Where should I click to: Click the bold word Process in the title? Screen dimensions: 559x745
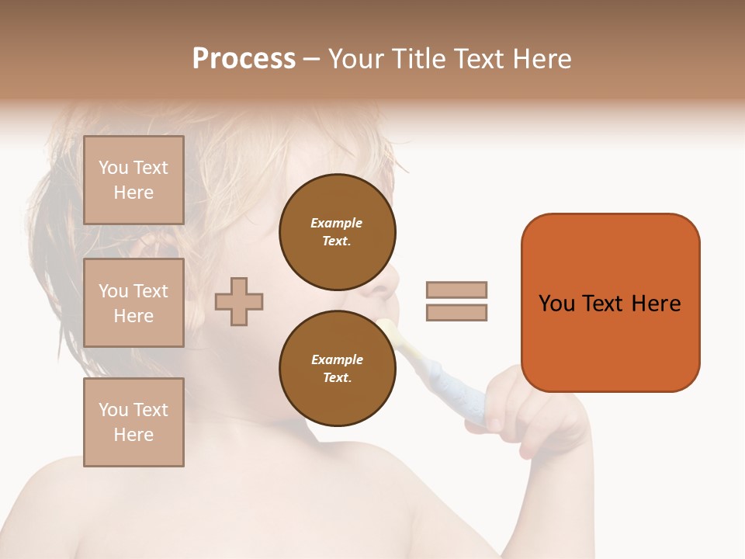coord(244,59)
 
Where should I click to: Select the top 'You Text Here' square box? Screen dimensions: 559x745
coord(133,180)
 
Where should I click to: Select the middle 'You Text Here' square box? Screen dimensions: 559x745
coord(133,303)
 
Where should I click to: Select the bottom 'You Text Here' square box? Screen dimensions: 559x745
coord(133,422)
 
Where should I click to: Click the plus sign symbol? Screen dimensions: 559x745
coord(239,301)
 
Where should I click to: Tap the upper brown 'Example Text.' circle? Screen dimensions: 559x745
coord(337,231)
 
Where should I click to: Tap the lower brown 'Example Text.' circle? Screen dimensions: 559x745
coord(337,368)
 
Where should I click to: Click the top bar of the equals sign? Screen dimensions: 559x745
coord(456,290)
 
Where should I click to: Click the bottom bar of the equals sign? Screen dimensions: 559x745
coord(456,313)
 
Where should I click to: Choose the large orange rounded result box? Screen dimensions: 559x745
coord(610,342)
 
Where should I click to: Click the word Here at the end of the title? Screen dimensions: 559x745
coord(542,59)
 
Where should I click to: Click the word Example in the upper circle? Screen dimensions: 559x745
coord(337,223)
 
